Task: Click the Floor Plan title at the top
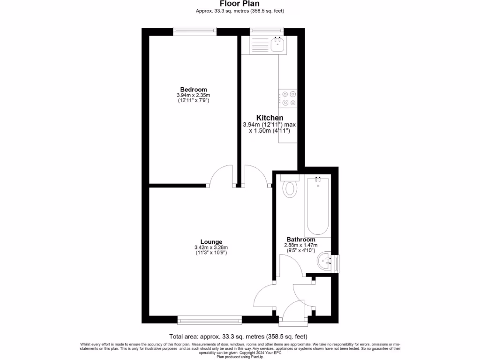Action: point(240,4)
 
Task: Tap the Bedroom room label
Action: point(194,90)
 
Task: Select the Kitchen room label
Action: point(269,118)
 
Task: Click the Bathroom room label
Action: point(301,240)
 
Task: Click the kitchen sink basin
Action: point(277,45)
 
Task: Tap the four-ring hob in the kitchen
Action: point(289,98)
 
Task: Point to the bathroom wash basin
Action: point(324,262)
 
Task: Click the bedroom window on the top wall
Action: point(195,31)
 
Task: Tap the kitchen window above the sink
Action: point(266,31)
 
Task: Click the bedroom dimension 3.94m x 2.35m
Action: point(194,95)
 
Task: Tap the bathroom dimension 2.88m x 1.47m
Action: point(301,245)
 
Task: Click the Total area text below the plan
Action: point(238,336)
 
